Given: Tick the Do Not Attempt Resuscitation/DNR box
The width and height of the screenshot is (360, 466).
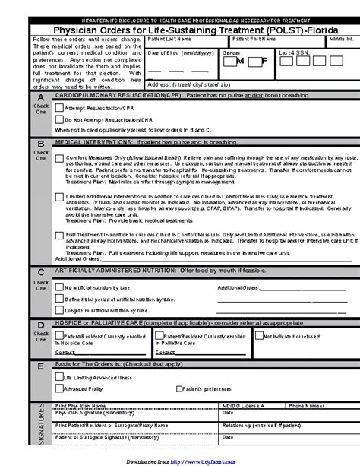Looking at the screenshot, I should (60, 120).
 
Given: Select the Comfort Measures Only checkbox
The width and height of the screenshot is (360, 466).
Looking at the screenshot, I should (60, 159).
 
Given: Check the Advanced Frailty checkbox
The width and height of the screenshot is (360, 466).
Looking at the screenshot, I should (60, 388).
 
